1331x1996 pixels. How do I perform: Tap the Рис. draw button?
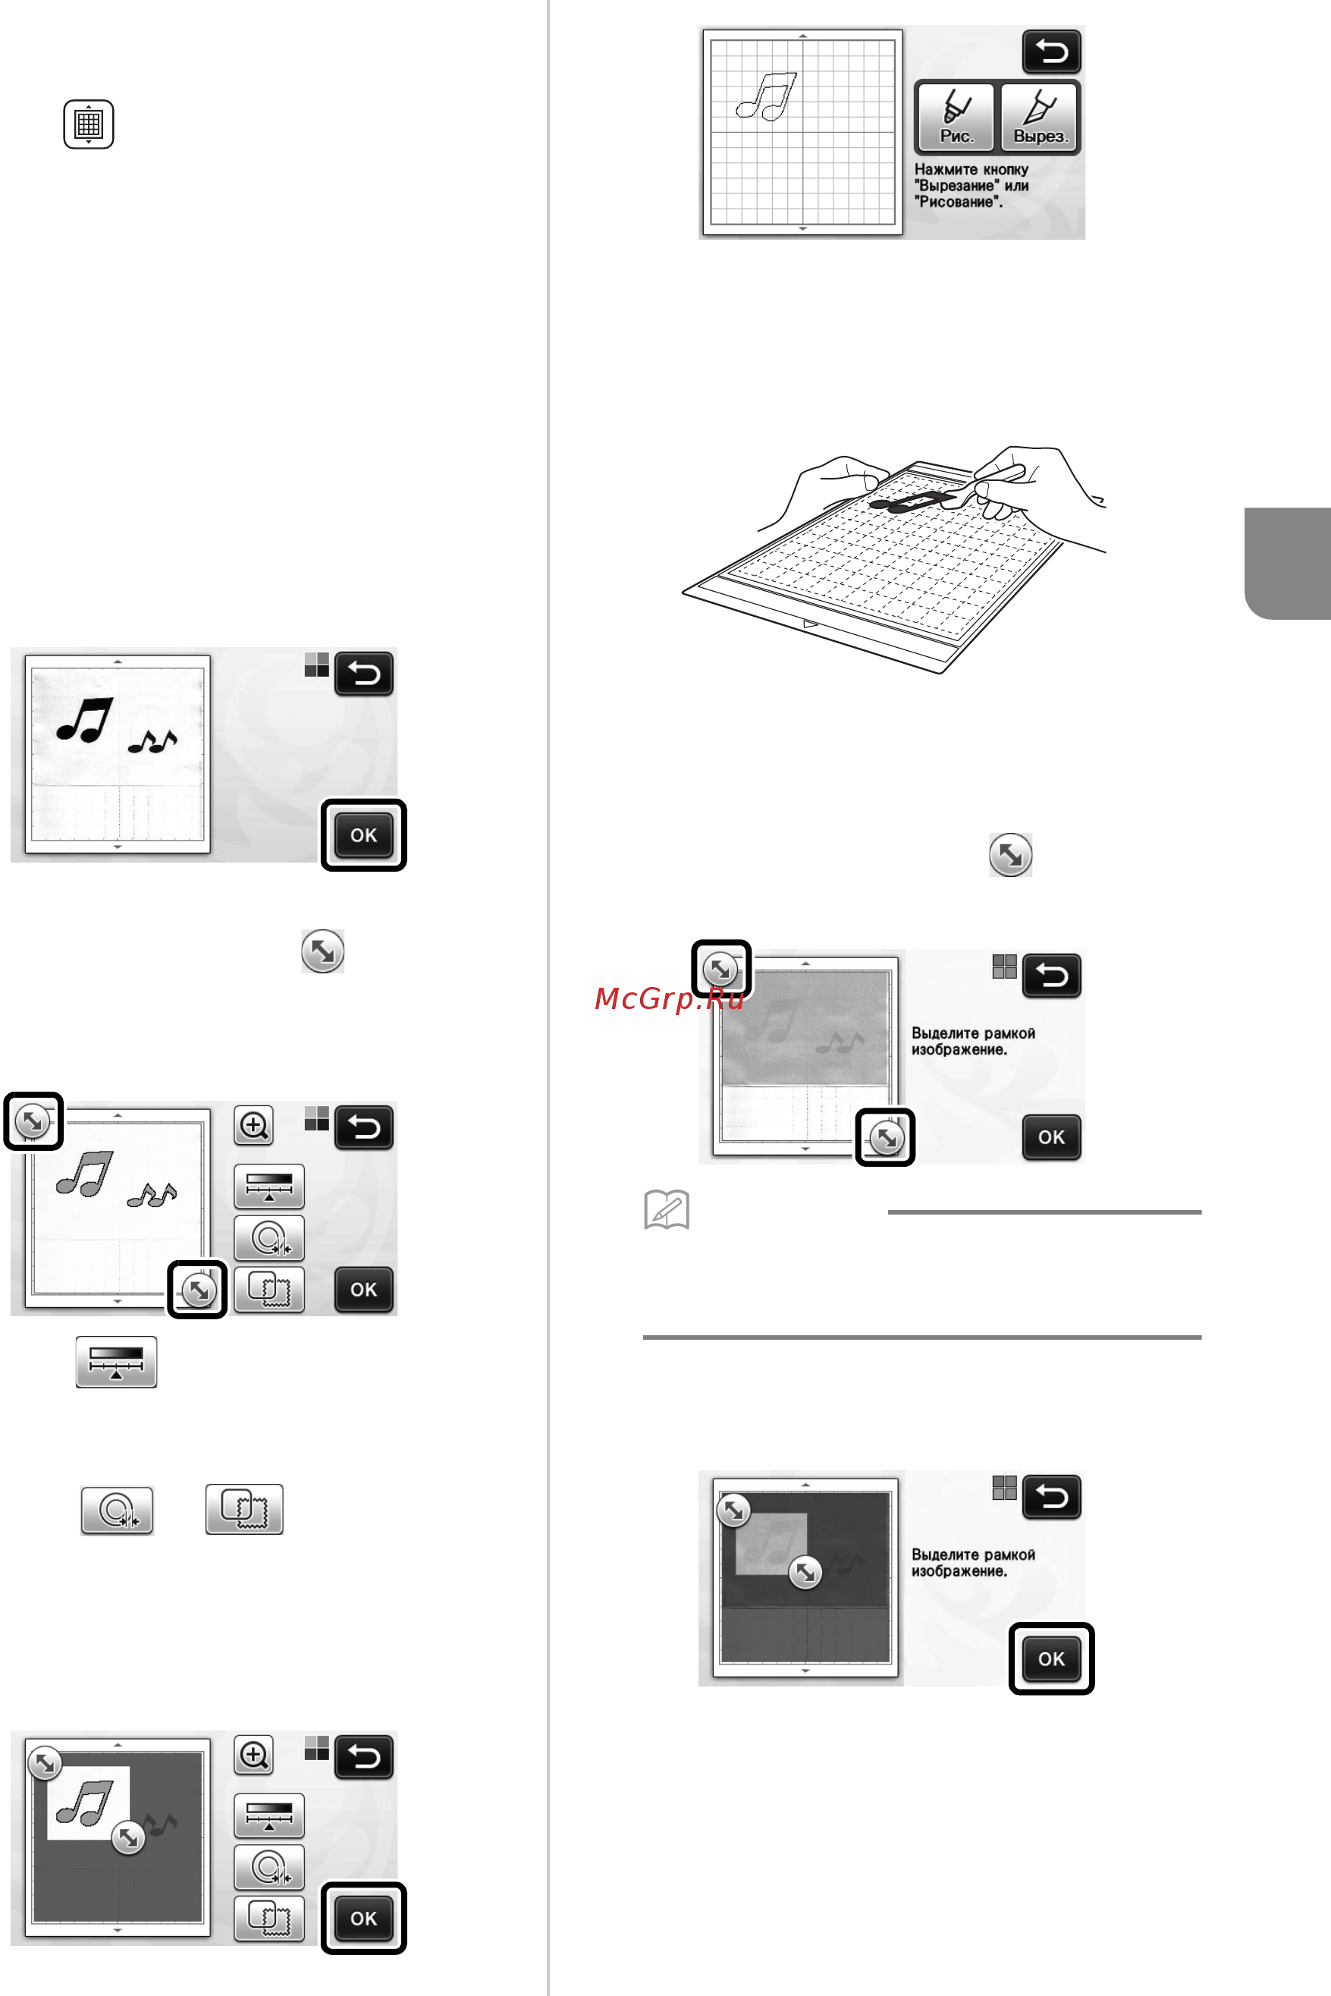click(955, 117)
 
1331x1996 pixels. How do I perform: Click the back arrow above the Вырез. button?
click(1051, 52)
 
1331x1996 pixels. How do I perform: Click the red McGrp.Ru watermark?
click(669, 998)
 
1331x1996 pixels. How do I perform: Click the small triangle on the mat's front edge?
click(810, 624)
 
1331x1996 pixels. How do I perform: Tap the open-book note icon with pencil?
click(667, 1210)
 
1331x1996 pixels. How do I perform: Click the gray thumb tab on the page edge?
click(1288, 563)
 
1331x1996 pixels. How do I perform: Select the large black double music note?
click(85, 720)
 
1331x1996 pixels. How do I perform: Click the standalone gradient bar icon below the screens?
click(116, 1362)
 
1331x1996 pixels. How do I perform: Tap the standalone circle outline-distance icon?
click(117, 1510)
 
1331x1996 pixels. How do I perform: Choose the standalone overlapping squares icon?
click(244, 1510)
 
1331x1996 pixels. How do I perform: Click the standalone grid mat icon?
click(88, 124)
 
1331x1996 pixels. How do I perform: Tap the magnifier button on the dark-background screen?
click(254, 1755)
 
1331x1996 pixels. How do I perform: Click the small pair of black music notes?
click(152, 742)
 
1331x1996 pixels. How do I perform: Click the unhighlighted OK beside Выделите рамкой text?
click(1051, 1136)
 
